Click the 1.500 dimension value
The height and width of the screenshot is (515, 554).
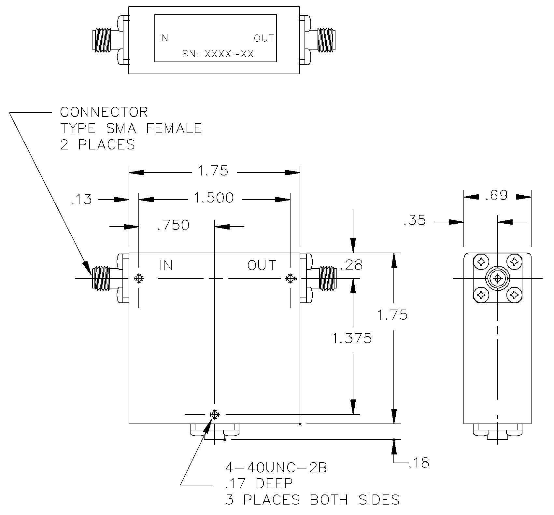coord(214,198)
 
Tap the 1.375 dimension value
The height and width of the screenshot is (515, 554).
coord(352,339)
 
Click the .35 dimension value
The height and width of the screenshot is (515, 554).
coord(414,221)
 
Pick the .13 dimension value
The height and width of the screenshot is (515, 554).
coord(81,200)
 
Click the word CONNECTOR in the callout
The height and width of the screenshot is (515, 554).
coord(104,112)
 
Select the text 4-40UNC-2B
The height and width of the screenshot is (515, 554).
coord(276,468)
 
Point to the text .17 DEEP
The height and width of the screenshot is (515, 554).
coord(259,483)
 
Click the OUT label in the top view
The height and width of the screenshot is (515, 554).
coord(264,38)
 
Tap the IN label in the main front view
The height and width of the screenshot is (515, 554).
coord(166,266)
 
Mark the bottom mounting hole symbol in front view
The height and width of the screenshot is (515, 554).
coord(214,414)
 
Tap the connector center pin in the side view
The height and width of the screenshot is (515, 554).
coord(498,278)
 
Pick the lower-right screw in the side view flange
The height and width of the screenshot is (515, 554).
coord(515,295)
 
